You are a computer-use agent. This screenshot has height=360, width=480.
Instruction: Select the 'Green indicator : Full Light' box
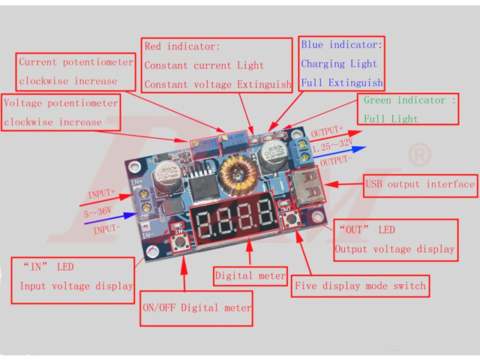click(408, 109)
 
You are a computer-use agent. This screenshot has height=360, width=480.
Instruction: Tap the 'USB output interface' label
click(421, 184)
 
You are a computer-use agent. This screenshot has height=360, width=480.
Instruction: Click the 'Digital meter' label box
click(250, 276)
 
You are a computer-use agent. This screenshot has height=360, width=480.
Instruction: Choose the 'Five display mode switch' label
click(361, 286)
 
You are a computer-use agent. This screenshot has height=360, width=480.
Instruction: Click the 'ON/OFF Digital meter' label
click(197, 307)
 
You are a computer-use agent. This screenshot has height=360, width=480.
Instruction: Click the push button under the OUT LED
click(289, 220)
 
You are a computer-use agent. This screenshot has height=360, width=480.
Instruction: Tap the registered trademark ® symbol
click(419, 156)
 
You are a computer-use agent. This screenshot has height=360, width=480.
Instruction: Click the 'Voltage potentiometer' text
click(61, 103)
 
